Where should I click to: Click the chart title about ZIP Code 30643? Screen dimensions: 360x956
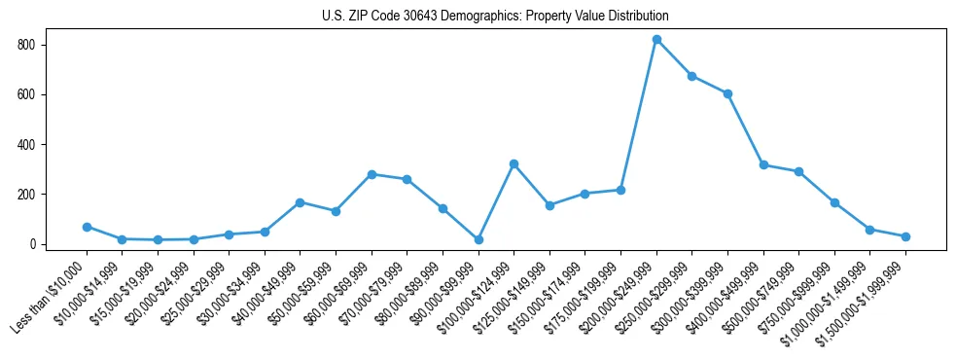[x=495, y=17]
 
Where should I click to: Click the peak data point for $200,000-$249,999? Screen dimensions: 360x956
[x=656, y=40]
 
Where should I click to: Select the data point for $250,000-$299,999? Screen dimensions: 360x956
[x=691, y=76]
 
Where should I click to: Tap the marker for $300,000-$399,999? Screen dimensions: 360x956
[x=727, y=93]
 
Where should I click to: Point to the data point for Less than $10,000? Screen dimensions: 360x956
[x=87, y=227]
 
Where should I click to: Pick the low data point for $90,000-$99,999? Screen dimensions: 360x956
[x=478, y=239]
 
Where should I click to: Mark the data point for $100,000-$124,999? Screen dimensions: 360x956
[x=513, y=163]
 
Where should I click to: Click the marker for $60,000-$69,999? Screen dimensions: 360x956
[x=372, y=174]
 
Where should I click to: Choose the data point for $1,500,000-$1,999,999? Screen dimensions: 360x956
[x=905, y=236]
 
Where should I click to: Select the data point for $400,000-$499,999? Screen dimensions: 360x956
[x=763, y=164]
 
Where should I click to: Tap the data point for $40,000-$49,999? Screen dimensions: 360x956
[x=300, y=202]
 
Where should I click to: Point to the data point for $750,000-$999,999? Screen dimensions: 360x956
[x=834, y=202]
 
